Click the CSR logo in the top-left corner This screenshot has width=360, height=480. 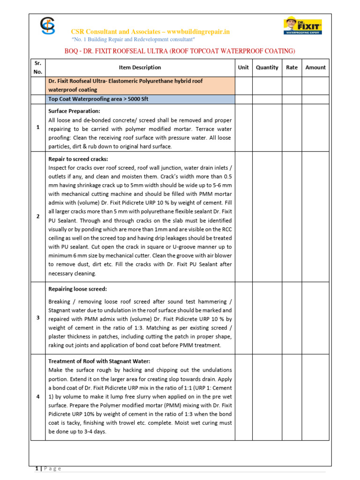pyautogui.click(x=47, y=26)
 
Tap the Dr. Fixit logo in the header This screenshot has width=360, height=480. pyautogui.click(x=303, y=26)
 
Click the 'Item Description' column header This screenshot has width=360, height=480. pyautogui.click(x=140, y=67)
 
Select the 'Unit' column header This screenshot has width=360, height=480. pyautogui.click(x=243, y=67)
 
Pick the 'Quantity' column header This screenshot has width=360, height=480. pyautogui.click(x=267, y=67)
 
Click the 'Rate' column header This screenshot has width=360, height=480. pyautogui.click(x=292, y=67)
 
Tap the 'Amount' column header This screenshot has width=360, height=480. pyautogui.click(x=315, y=67)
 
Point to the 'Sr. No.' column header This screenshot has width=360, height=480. pyautogui.click(x=38, y=67)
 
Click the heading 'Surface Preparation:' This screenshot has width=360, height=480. pyautogui.click(x=75, y=111)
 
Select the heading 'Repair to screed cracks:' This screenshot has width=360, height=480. pyautogui.click(x=78, y=159)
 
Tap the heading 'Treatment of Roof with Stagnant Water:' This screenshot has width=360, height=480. pyautogui.click(x=99, y=361)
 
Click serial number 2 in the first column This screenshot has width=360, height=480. pyautogui.click(x=38, y=216)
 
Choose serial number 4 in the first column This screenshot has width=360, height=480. pyautogui.click(x=38, y=397)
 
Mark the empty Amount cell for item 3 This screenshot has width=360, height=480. pyautogui.click(x=315, y=318)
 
